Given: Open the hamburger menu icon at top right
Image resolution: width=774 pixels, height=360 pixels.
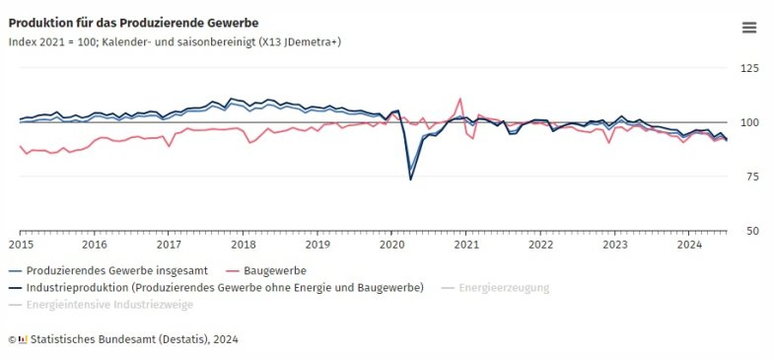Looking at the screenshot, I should tap(749, 28).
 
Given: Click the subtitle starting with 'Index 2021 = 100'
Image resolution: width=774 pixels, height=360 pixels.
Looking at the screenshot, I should tap(175, 41).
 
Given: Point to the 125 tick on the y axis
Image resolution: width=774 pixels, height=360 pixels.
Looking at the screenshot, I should tap(749, 68).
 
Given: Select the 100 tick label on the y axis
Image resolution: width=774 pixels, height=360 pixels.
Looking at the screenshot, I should tap(749, 122).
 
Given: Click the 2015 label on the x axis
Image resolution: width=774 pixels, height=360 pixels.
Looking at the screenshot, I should tap(20, 245).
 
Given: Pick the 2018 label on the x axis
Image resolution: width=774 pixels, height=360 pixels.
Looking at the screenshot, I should tap(244, 245).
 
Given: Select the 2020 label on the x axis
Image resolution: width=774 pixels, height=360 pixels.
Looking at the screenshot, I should tap(392, 245).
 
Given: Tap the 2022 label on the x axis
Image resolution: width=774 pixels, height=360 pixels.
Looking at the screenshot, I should tap(540, 245).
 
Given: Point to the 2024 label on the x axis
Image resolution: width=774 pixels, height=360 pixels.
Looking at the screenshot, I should tap(689, 245).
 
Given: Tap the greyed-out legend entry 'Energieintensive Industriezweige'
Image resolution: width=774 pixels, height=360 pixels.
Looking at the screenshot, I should tap(109, 306).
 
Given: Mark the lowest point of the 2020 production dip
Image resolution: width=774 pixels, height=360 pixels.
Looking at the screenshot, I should tap(411, 179).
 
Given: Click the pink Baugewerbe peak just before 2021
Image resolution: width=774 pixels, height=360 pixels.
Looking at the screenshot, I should tap(460, 99).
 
